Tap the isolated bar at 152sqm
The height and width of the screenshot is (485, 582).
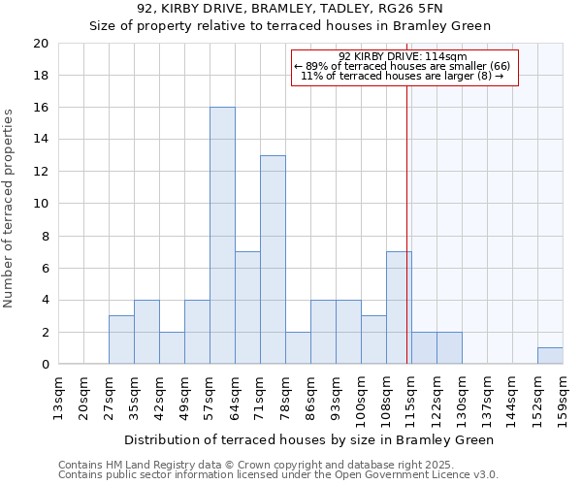[550, 356]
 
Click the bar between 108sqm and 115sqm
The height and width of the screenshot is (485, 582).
[399, 307]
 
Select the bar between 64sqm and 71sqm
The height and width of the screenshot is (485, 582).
[247, 307]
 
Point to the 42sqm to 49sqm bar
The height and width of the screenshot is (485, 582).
[172, 348]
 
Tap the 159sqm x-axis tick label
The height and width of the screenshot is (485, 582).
[563, 398]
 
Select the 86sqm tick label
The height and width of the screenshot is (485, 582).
[310, 398]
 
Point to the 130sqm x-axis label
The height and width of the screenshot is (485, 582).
[462, 398]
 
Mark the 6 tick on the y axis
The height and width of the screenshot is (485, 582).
[44, 268]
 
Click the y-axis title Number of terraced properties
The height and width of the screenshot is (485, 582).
[10, 209]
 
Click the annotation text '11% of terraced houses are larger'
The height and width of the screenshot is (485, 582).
[402, 75]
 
